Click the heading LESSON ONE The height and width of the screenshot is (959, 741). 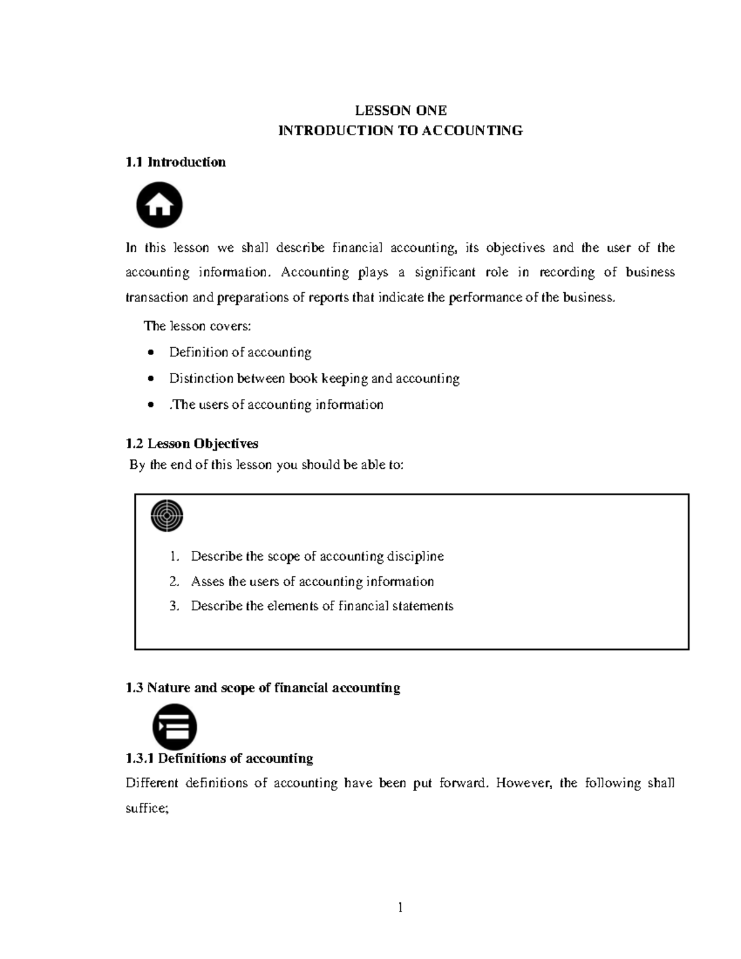coord(400,111)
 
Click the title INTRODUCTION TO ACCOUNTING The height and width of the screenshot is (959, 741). coord(400,131)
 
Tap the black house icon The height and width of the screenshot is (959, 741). coord(159,204)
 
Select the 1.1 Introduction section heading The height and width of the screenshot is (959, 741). coord(175,162)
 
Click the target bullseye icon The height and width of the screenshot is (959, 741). coord(167,516)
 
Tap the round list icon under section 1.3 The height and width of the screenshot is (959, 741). coord(175,726)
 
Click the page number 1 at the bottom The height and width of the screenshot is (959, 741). coord(400,907)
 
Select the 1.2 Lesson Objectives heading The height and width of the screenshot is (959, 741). coord(191,443)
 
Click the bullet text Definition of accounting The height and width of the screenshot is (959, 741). coord(240,353)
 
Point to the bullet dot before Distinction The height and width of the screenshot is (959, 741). coord(151,379)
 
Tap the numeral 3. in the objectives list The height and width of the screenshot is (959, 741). coord(174,606)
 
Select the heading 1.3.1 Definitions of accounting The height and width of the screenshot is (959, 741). coord(219,758)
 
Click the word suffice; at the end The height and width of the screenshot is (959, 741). coord(147,808)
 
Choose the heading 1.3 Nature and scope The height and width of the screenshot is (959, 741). coord(262,688)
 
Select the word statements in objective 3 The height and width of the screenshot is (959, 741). coord(424,606)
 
